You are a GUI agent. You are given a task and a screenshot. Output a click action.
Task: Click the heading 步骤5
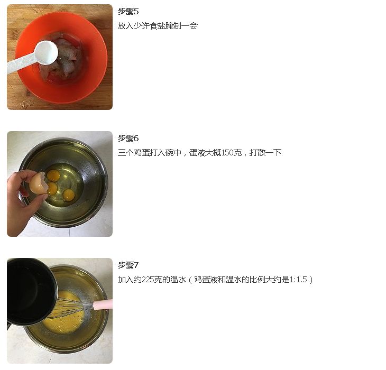point(128,11)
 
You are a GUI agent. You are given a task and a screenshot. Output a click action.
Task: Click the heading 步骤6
point(128,138)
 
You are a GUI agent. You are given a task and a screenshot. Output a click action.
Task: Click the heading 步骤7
point(128,265)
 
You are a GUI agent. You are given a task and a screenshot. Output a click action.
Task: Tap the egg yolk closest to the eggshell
point(52,188)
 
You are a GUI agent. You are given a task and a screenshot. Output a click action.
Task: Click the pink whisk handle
point(103,304)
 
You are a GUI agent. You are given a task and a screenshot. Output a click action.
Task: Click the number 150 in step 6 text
point(227,153)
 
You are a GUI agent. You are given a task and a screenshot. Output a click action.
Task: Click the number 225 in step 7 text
point(148,280)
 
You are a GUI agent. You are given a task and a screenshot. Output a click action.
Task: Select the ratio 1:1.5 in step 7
point(298,280)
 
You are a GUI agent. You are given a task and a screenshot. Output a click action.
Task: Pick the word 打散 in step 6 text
point(258,153)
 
